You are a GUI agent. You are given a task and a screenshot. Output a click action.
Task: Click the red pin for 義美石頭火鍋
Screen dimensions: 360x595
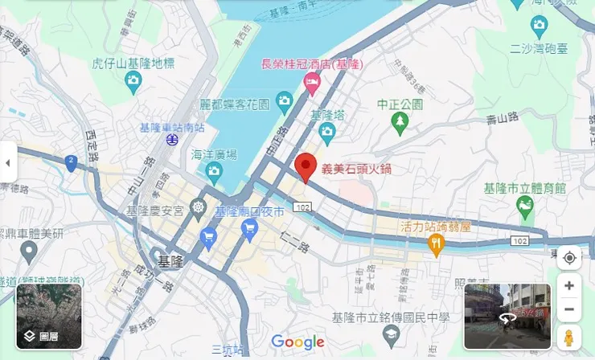pos(305,166)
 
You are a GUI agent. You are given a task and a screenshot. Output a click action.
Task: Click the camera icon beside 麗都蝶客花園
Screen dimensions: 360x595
pos(284,100)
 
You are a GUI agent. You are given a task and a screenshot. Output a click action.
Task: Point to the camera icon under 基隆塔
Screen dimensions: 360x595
pos(326,131)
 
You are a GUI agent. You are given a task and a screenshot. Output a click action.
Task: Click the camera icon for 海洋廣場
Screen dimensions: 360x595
pos(214,170)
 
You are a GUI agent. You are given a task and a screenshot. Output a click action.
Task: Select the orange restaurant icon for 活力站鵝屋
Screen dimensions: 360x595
pos(437,243)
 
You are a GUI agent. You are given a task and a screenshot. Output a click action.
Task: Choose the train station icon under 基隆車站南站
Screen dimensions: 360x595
pos(172,140)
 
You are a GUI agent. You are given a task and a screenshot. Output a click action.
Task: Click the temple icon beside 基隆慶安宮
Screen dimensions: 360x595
pos(199,211)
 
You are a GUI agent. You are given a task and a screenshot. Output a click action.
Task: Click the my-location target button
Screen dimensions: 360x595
pos(569,257)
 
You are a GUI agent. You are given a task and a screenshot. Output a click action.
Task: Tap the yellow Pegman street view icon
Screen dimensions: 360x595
pos(569,338)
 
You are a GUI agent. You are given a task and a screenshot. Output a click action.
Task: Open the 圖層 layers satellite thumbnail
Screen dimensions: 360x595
pos(49,316)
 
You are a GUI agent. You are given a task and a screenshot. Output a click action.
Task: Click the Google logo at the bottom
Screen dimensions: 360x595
pos(297,342)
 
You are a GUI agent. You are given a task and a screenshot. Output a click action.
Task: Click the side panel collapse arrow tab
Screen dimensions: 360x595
pos(8,163)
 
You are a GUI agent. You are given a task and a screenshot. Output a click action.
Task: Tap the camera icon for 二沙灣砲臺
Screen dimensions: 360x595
pos(539,25)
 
